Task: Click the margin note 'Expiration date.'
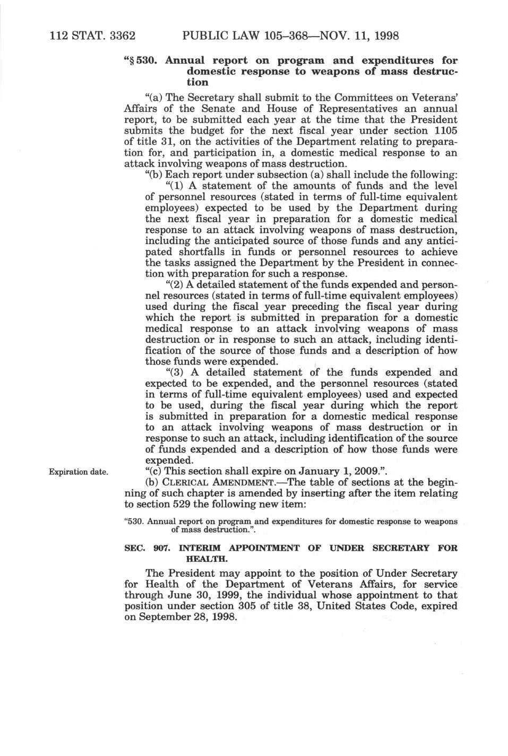click(x=79, y=472)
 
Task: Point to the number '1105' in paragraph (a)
click(x=445, y=131)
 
